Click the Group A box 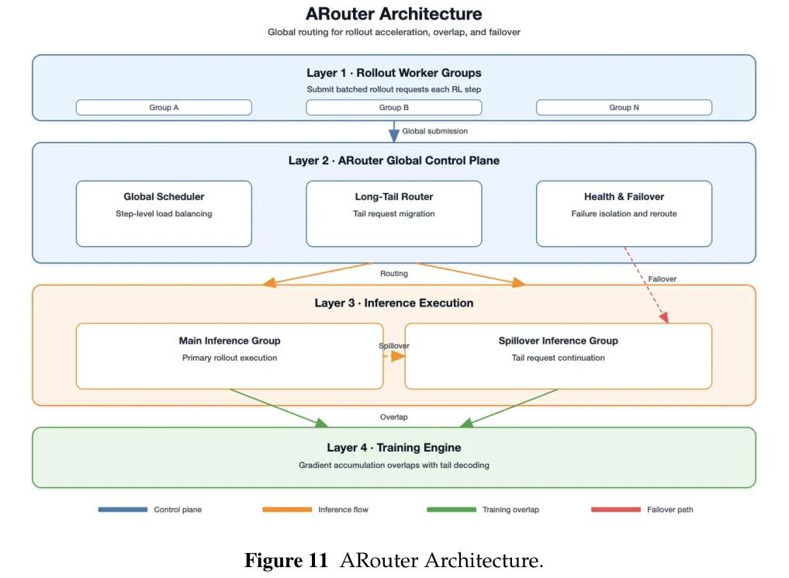[x=164, y=107]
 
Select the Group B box [x=393, y=107]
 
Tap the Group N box [x=624, y=107]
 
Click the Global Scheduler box [x=164, y=214]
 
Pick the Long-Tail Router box [x=393, y=214]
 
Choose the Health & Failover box [x=624, y=214]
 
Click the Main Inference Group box [x=230, y=356]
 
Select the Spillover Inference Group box [x=558, y=356]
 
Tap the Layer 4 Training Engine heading [x=393, y=448]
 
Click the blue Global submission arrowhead [x=394, y=135]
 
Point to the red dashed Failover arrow [x=646, y=284]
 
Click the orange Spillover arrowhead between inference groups [x=398, y=356]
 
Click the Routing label [x=393, y=274]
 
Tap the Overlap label [x=393, y=417]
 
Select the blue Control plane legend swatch [x=123, y=510]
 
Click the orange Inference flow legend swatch [x=287, y=510]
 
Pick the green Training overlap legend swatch [x=452, y=510]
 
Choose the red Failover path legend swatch [x=616, y=510]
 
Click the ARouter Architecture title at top [x=393, y=14]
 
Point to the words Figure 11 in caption [x=285, y=560]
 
